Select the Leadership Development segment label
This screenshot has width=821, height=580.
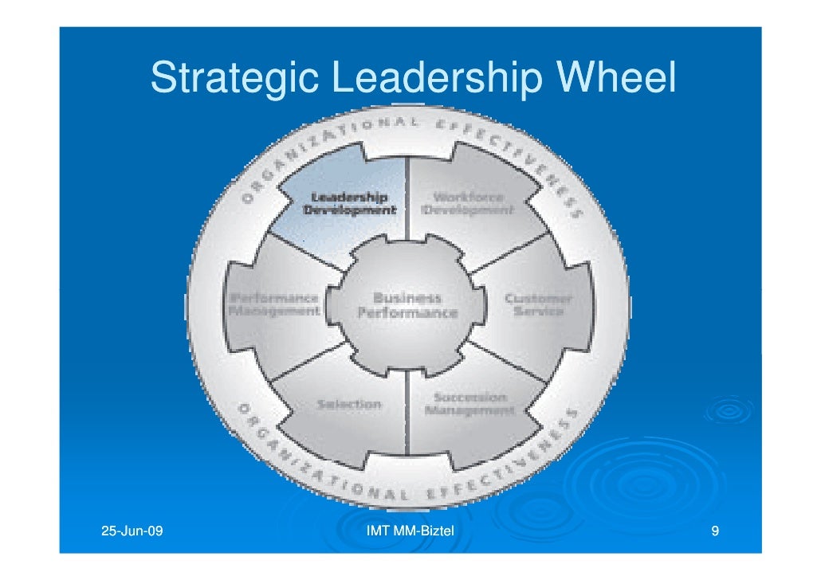(x=348, y=203)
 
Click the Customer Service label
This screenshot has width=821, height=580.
(x=537, y=304)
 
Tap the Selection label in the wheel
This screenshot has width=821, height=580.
(x=349, y=404)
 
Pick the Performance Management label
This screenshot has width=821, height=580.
(x=275, y=304)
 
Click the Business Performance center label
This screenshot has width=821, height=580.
(x=407, y=305)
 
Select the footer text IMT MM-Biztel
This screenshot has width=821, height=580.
(x=409, y=531)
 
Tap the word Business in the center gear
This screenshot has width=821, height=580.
(x=407, y=297)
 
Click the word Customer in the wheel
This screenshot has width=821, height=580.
(x=537, y=298)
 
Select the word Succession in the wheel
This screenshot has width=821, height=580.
(x=469, y=397)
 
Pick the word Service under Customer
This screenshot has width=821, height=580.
(x=538, y=312)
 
